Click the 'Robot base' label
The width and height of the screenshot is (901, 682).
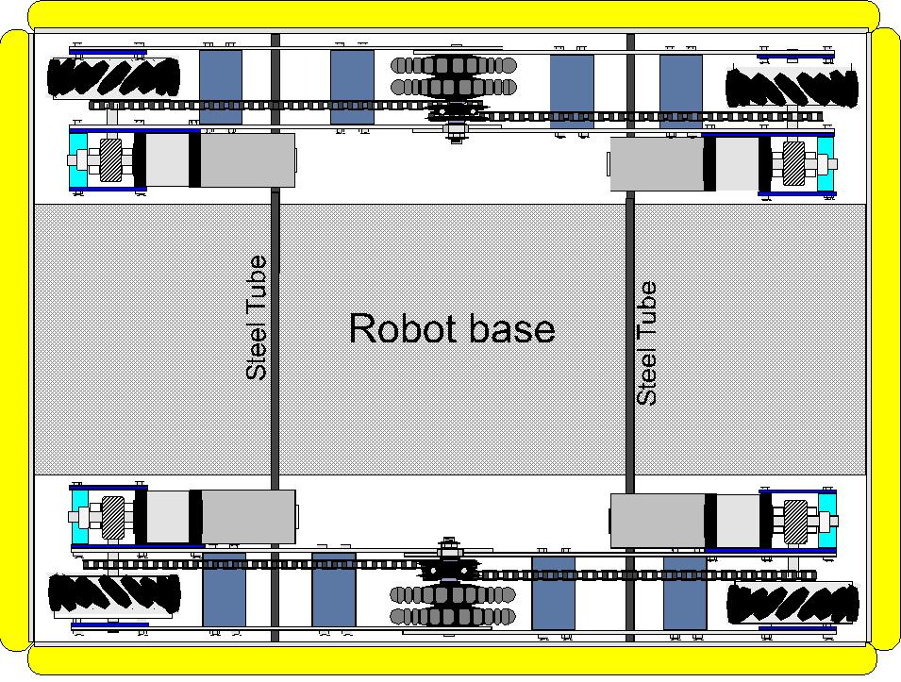click(451, 328)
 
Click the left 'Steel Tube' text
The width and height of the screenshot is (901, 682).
click(257, 319)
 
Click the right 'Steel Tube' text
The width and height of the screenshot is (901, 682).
click(647, 344)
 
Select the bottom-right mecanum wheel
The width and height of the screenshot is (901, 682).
click(791, 602)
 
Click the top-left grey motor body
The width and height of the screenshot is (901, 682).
click(247, 160)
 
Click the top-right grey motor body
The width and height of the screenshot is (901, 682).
click(657, 163)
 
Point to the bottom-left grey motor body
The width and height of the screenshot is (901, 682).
click(247, 517)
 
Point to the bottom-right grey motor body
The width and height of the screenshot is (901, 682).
click(657, 521)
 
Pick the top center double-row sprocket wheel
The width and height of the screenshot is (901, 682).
click(454, 76)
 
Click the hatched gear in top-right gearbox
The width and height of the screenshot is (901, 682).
click(793, 162)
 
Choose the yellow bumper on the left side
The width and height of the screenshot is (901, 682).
click(14, 340)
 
